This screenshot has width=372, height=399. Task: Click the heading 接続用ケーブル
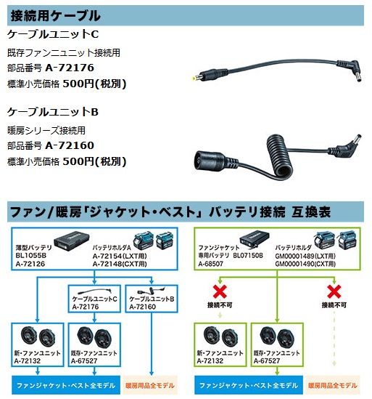point(55,15)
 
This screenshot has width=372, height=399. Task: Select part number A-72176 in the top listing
point(70,68)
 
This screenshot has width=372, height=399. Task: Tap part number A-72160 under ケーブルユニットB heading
point(70,145)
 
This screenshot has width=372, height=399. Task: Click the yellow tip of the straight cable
point(194,78)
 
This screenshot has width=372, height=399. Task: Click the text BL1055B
point(30,256)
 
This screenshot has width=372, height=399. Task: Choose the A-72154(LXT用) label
point(120,256)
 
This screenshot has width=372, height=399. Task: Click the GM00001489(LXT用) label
point(305,256)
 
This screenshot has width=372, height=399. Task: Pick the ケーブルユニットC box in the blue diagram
point(94,299)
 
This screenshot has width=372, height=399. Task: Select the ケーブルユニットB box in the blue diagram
point(152,299)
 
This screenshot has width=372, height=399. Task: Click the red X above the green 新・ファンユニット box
point(220,291)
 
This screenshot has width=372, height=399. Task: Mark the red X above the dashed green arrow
point(334,291)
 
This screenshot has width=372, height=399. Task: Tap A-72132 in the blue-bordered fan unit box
point(28,360)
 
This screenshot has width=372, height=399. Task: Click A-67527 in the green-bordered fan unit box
point(267,360)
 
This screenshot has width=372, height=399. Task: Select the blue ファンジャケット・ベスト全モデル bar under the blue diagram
point(66,385)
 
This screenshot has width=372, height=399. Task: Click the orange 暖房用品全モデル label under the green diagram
point(333,385)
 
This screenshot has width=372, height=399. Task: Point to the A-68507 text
point(210,264)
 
